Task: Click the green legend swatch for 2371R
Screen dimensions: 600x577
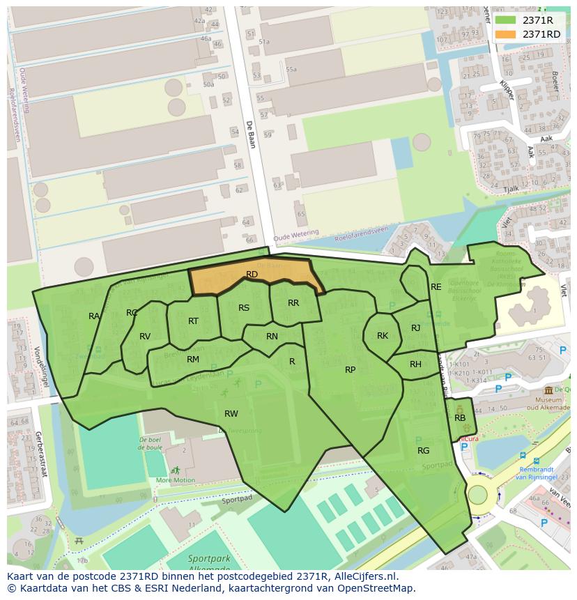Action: click(506, 20)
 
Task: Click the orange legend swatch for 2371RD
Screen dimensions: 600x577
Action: click(506, 34)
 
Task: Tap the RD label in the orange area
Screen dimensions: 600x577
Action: click(252, 275)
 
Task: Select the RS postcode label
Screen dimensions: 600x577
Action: click(244, 308)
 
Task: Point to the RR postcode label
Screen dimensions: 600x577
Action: click(293, 303)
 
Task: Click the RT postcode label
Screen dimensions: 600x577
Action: click(193, 321)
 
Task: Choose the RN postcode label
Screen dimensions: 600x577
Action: click(272, 337)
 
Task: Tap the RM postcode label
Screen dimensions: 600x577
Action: click(193, 360)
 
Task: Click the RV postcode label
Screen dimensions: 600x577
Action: click(145, 337)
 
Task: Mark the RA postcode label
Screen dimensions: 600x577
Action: click(94, 316)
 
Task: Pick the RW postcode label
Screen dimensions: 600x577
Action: click(231, 414)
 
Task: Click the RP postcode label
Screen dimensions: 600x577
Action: click(351, 370)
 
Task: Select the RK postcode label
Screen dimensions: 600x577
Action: click(383, 336)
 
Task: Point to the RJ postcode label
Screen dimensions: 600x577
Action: click(416, 328)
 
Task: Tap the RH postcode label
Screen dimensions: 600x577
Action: click(415, 364)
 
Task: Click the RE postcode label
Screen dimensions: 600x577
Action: click(436, 287)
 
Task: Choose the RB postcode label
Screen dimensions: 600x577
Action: click(460, 418)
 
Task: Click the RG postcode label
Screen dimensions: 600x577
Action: click(424, 451)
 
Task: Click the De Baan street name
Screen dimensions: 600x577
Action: click(250, 135)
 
